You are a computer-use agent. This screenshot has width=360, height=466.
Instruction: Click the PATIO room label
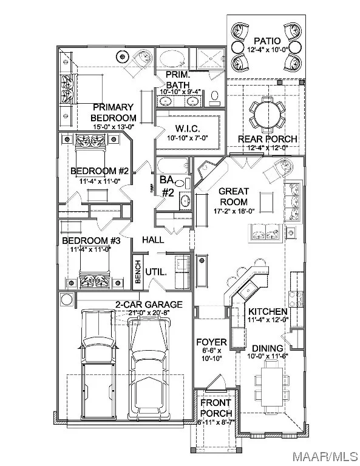point(267,41)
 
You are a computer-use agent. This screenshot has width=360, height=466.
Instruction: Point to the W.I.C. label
point(187,129)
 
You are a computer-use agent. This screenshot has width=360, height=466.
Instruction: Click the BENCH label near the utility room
point(138,271)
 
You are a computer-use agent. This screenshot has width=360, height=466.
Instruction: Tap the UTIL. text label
point(156,272)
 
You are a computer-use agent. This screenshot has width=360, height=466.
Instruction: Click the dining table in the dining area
point(272,383)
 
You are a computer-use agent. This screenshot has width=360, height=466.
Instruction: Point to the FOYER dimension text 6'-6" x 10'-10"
point(212,354)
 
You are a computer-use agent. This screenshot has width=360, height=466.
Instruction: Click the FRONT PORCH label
point(216,408)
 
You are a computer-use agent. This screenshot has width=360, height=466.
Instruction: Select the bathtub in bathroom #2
point(173,166)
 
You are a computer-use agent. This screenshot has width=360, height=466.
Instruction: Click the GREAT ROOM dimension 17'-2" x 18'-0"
point(234,211)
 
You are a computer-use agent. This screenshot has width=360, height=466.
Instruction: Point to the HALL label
point(153,240)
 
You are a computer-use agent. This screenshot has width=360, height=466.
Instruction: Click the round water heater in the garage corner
point(67,299)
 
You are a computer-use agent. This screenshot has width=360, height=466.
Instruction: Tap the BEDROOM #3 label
point(91,240)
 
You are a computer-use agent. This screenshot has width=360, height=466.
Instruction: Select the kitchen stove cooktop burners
point(296,299)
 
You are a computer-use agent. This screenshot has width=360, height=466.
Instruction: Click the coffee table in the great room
point(267,202)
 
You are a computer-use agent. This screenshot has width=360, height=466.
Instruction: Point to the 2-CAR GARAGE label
point(149,305)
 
